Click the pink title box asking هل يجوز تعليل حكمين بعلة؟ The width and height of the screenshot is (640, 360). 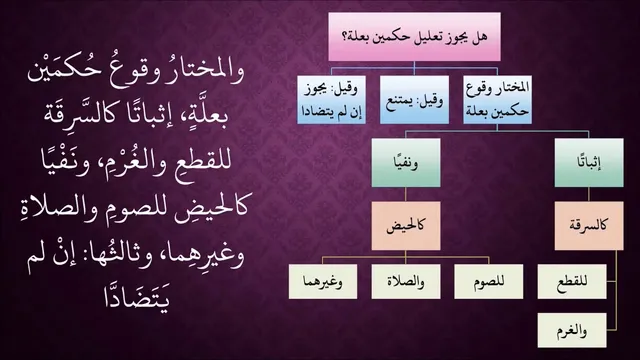(x=414, y=37)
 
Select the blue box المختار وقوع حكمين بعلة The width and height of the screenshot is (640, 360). (x=497, y=100)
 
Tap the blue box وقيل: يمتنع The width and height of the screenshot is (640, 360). (x=414, y=100)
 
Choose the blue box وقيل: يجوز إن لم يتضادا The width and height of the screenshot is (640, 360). (x=331, y=100)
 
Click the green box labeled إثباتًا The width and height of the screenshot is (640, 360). (x=589, y=162)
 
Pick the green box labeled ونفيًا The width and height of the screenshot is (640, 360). (x=406, y=162)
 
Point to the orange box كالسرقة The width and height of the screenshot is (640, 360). (x=589, y=225)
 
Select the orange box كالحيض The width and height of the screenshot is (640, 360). (x=406, y=225)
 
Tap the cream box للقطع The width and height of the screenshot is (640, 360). (x=572, y=282)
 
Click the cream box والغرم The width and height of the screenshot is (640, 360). (x=572, y=331)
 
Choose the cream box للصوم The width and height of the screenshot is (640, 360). (x=489, y=282)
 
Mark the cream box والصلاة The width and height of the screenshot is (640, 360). (x=406, y=282)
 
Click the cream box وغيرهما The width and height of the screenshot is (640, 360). (x=323, y=282)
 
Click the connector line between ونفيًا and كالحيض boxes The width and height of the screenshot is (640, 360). (x=406, y=194)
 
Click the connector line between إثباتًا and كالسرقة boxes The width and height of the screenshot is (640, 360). (x=589, y=194)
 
